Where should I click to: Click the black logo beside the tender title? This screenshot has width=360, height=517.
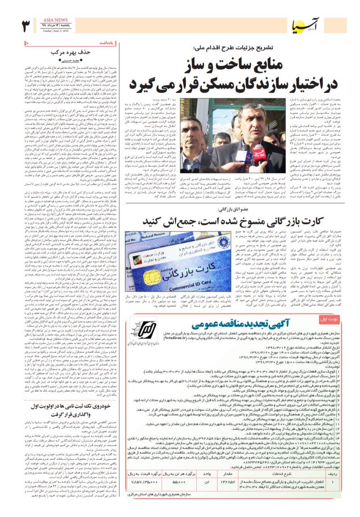(149, 330)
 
